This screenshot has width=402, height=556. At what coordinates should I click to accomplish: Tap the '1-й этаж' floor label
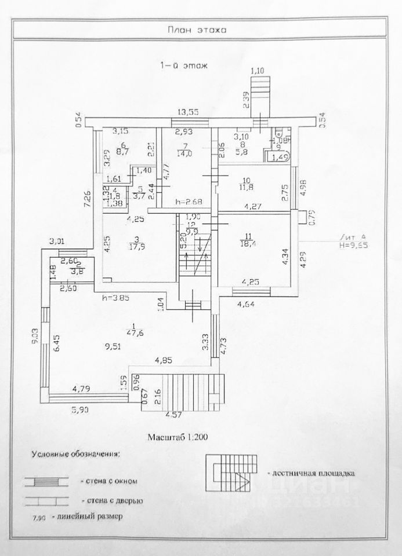click(x=184, y=66)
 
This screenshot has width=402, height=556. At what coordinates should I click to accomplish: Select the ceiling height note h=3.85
click(x=118, y=299)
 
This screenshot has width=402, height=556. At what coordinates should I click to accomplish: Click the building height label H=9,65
click(x=356, y=244)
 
